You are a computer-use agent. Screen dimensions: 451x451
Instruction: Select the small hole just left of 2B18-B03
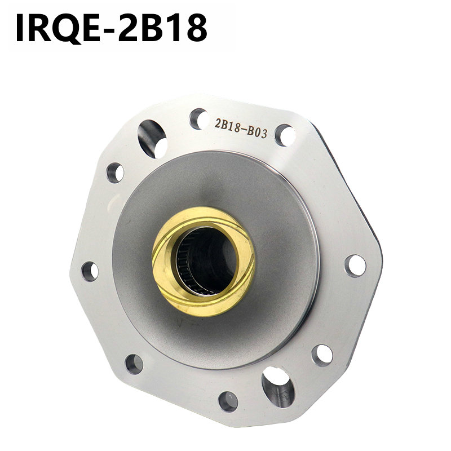pos(198,118)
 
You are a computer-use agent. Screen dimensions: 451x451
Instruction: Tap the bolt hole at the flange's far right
pos(355,265)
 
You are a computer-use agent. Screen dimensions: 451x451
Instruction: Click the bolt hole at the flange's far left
pos(90,270)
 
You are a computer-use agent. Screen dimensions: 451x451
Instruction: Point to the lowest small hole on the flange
pos(228,401)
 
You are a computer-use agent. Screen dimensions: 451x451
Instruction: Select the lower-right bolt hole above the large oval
pos(322,355)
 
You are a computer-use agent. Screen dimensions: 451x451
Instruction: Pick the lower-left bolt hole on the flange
pos(134,364)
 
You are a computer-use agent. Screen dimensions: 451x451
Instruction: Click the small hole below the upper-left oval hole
pos(115,172)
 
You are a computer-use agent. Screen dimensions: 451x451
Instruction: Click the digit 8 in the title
pos(192,28)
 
